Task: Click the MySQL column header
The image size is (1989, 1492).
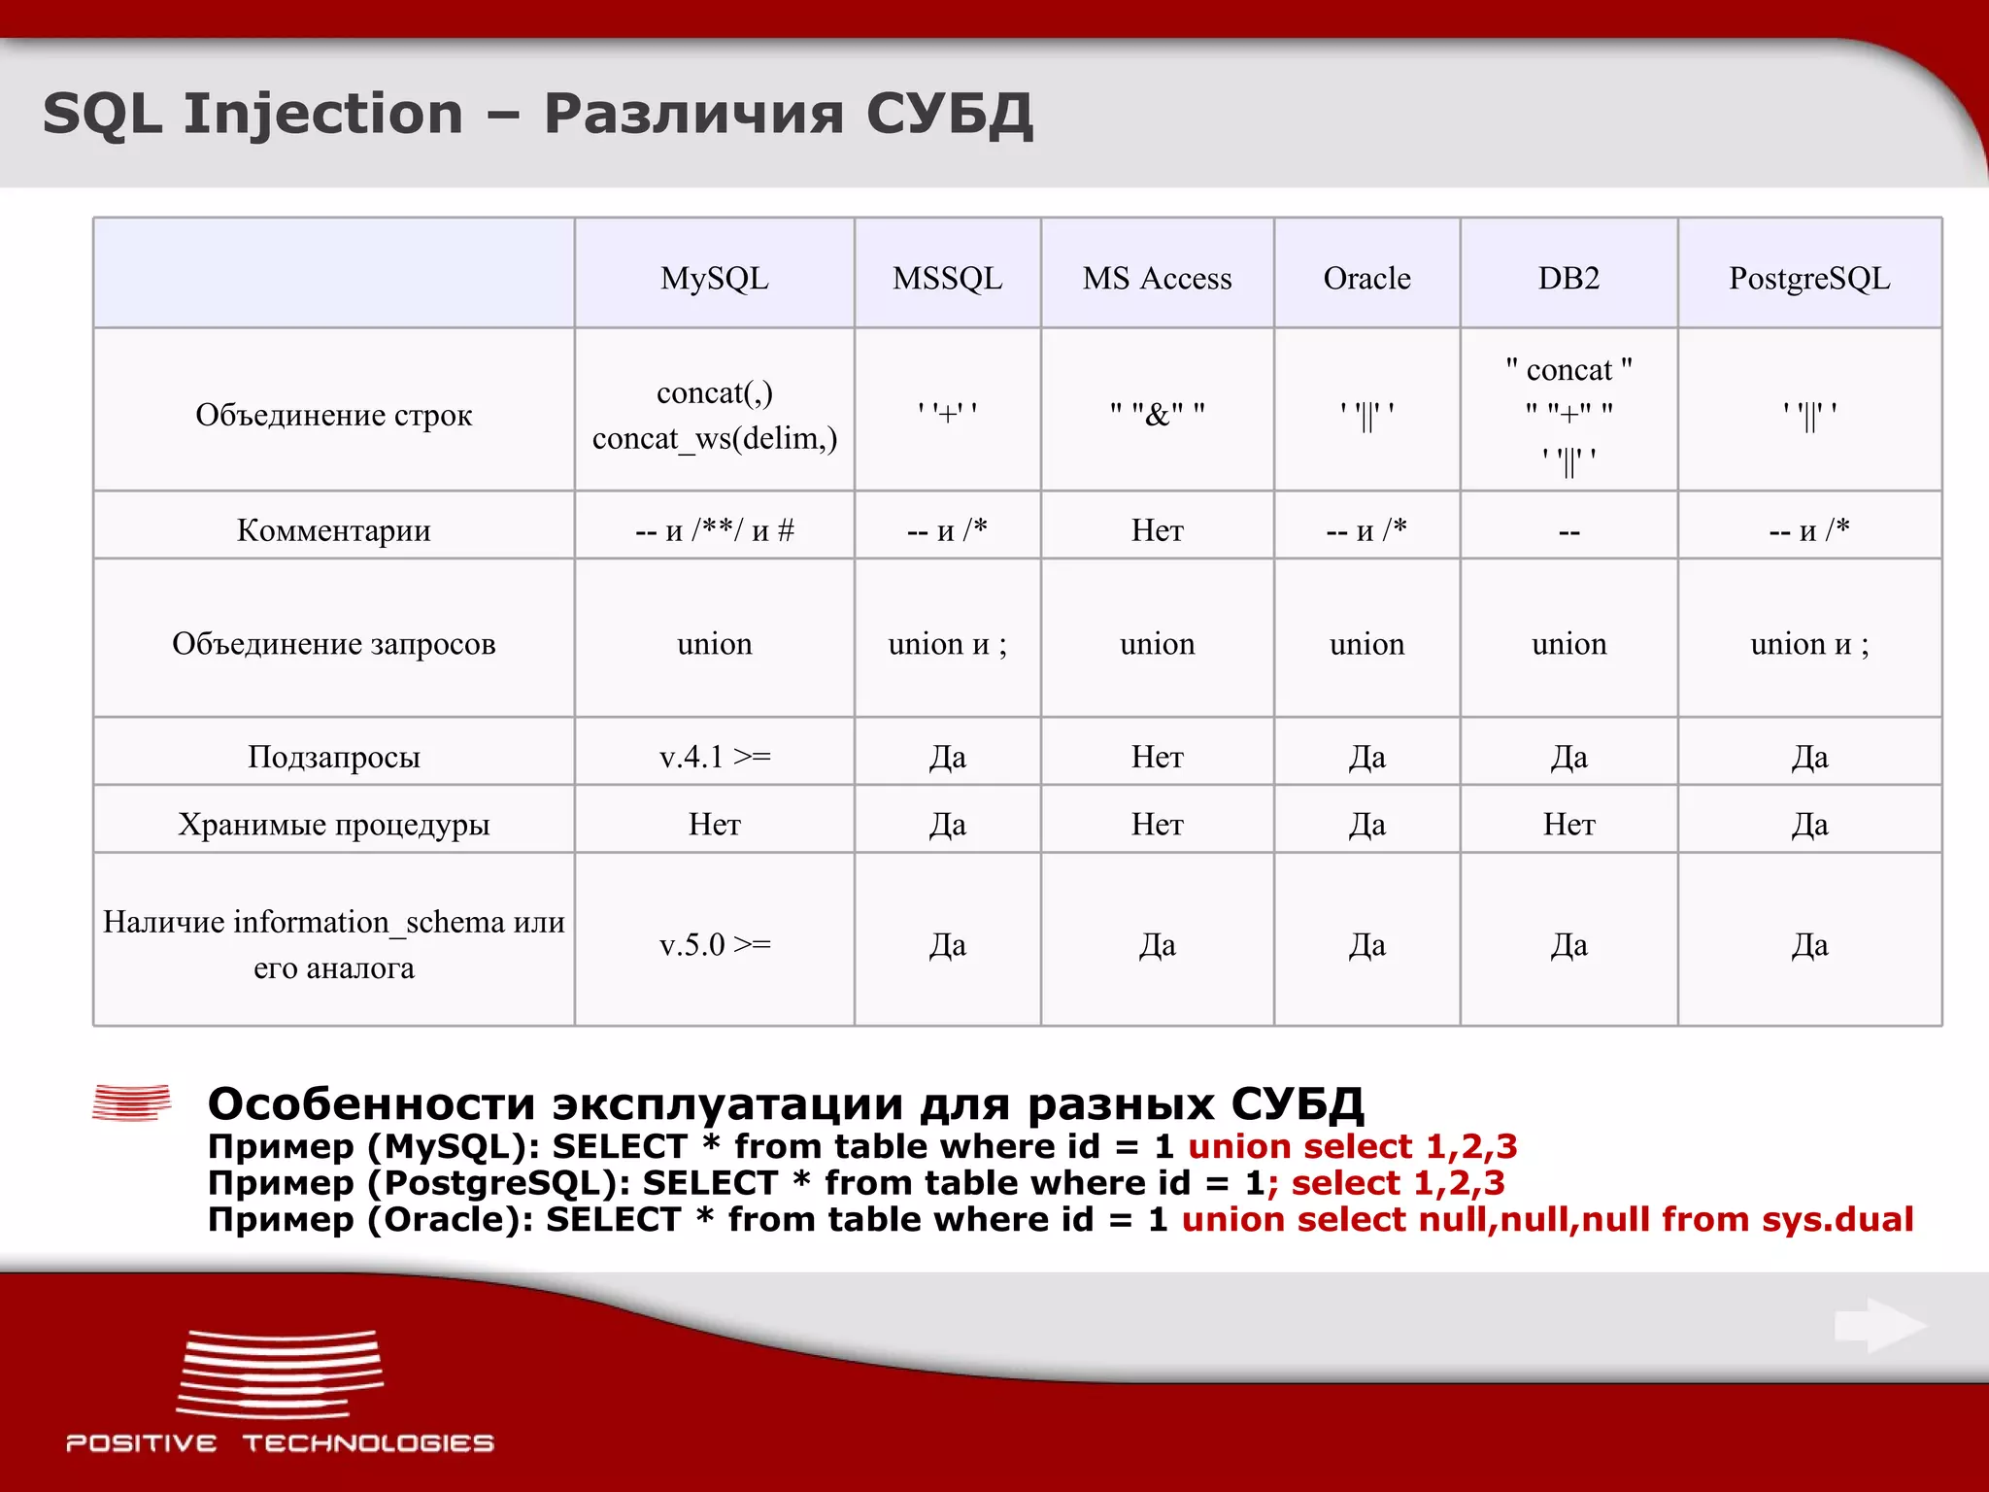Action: [714, 279]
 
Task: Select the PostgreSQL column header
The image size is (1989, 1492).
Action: [1808, 279]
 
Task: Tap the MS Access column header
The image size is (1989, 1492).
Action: [1157, 279]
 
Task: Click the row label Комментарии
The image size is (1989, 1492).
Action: [333, 530]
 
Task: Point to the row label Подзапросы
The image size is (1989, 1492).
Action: [333, 757]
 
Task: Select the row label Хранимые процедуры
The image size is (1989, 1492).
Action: [333, 825]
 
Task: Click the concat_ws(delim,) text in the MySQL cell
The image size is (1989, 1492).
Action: [714, 439]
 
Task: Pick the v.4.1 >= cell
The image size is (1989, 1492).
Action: [714, 757]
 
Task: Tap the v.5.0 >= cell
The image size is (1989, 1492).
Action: [714, 944]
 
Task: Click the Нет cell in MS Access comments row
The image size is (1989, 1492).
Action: [1157, 530]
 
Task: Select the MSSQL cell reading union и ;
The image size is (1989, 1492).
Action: [947, 644]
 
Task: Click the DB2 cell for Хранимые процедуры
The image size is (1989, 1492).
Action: [1568, 825]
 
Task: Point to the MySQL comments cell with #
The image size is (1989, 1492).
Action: [714, 530]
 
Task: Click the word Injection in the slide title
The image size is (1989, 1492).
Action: [323, 115]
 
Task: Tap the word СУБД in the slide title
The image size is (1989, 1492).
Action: [948, 115]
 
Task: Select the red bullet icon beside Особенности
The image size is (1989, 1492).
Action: [131, 1102]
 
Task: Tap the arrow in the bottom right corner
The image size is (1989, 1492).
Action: [1879, 1325]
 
